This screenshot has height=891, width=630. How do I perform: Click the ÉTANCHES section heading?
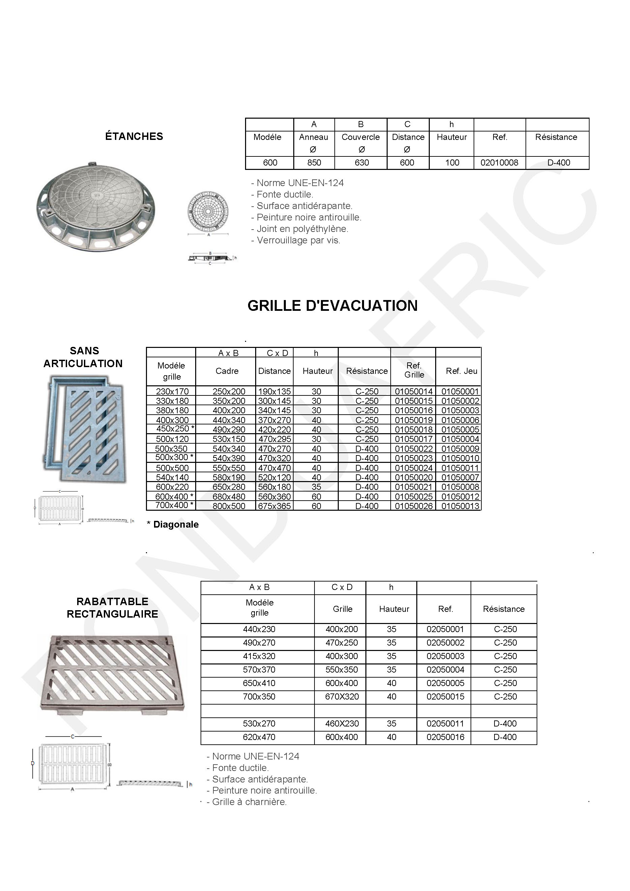click(x=134, y=136)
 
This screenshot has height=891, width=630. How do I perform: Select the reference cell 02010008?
click(x=499, y=162)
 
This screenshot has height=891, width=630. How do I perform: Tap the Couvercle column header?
click(x=360, y=137)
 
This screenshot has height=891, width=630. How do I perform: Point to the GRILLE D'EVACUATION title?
click(x=332, y=306)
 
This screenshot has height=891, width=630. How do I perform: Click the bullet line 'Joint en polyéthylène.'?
click(x=300, y=229)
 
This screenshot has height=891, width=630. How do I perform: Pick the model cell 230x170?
click(x=172, y=391)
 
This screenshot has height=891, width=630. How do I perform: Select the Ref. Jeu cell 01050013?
click(x=460, y=506)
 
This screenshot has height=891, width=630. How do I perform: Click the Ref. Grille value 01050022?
click(x=414, y=449)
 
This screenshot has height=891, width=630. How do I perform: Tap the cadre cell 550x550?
click(x=229, y=468)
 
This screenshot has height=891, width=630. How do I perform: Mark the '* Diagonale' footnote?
click(x=173, y=525)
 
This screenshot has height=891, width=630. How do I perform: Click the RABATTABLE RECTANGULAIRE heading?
click(x=113, y=608)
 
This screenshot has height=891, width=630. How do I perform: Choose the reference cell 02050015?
click(x=445, y=696)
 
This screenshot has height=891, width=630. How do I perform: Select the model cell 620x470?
click(x=259, y=737)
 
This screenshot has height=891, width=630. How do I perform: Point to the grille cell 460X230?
click(x=342, y=723)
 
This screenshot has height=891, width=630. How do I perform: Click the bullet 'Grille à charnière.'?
click(x=247, y=802)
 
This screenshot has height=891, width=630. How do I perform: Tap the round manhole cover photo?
click(x=95, y=207)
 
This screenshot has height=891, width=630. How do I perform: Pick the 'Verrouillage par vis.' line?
click(x=296, y=241)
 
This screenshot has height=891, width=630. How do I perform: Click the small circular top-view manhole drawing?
click(x=208, y=211)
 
